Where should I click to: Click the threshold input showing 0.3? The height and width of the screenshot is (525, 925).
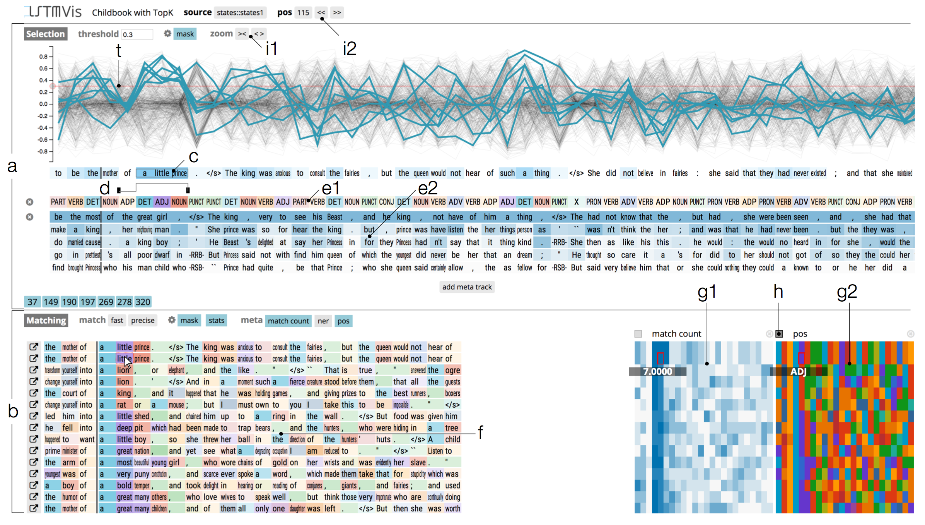tap(137, 34)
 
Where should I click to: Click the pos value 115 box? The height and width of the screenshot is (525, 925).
tap(303, 12)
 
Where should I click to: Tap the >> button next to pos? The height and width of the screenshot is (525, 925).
tap(337, 12)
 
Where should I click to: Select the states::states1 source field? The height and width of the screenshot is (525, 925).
tap(240, 12)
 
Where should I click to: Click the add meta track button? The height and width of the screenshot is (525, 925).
tap(467, 287)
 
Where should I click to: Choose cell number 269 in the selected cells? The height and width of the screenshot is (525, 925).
tap(106, 302)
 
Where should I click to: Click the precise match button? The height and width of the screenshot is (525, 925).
tap(142, 321)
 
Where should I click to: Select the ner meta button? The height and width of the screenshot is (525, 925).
tap(323, 321)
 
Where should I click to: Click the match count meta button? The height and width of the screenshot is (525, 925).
tap(288, 321)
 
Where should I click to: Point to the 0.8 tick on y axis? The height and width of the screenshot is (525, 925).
tap(43, 57)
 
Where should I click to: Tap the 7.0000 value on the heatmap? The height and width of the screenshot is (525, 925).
tap(657, 372)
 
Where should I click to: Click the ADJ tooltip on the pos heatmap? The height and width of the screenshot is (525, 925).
tap(798, 372)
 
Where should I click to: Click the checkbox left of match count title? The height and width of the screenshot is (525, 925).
tap(638, 334)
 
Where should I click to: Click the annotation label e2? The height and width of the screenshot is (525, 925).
tap(428, 189)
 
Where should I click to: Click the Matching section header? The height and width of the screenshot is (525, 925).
tap(46, 321)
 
